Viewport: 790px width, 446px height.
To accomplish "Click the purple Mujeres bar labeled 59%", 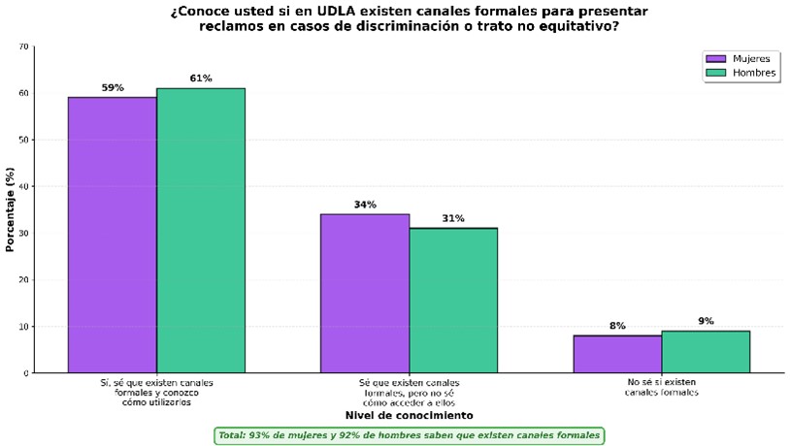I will (112, 235).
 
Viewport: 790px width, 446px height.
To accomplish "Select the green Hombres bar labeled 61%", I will (201, 230).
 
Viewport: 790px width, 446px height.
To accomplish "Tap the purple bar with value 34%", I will (365, 293).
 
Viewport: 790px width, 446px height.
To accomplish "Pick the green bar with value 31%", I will (453, 300).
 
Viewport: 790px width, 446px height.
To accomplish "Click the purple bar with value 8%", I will (617, 354).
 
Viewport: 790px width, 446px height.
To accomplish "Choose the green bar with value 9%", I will (706, 351).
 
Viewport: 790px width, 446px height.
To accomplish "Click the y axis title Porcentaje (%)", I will (10, 209).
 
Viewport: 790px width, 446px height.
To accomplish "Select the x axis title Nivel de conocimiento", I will (409, 415).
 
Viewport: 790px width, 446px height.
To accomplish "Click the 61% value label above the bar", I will (201, 79).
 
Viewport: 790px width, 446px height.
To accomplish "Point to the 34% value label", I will (365, 205).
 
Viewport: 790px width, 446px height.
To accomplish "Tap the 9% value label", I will (706, 321).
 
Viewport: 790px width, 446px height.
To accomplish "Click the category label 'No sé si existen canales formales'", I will (661, 388).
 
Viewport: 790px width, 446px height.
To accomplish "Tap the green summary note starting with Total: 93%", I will (409, 435).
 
